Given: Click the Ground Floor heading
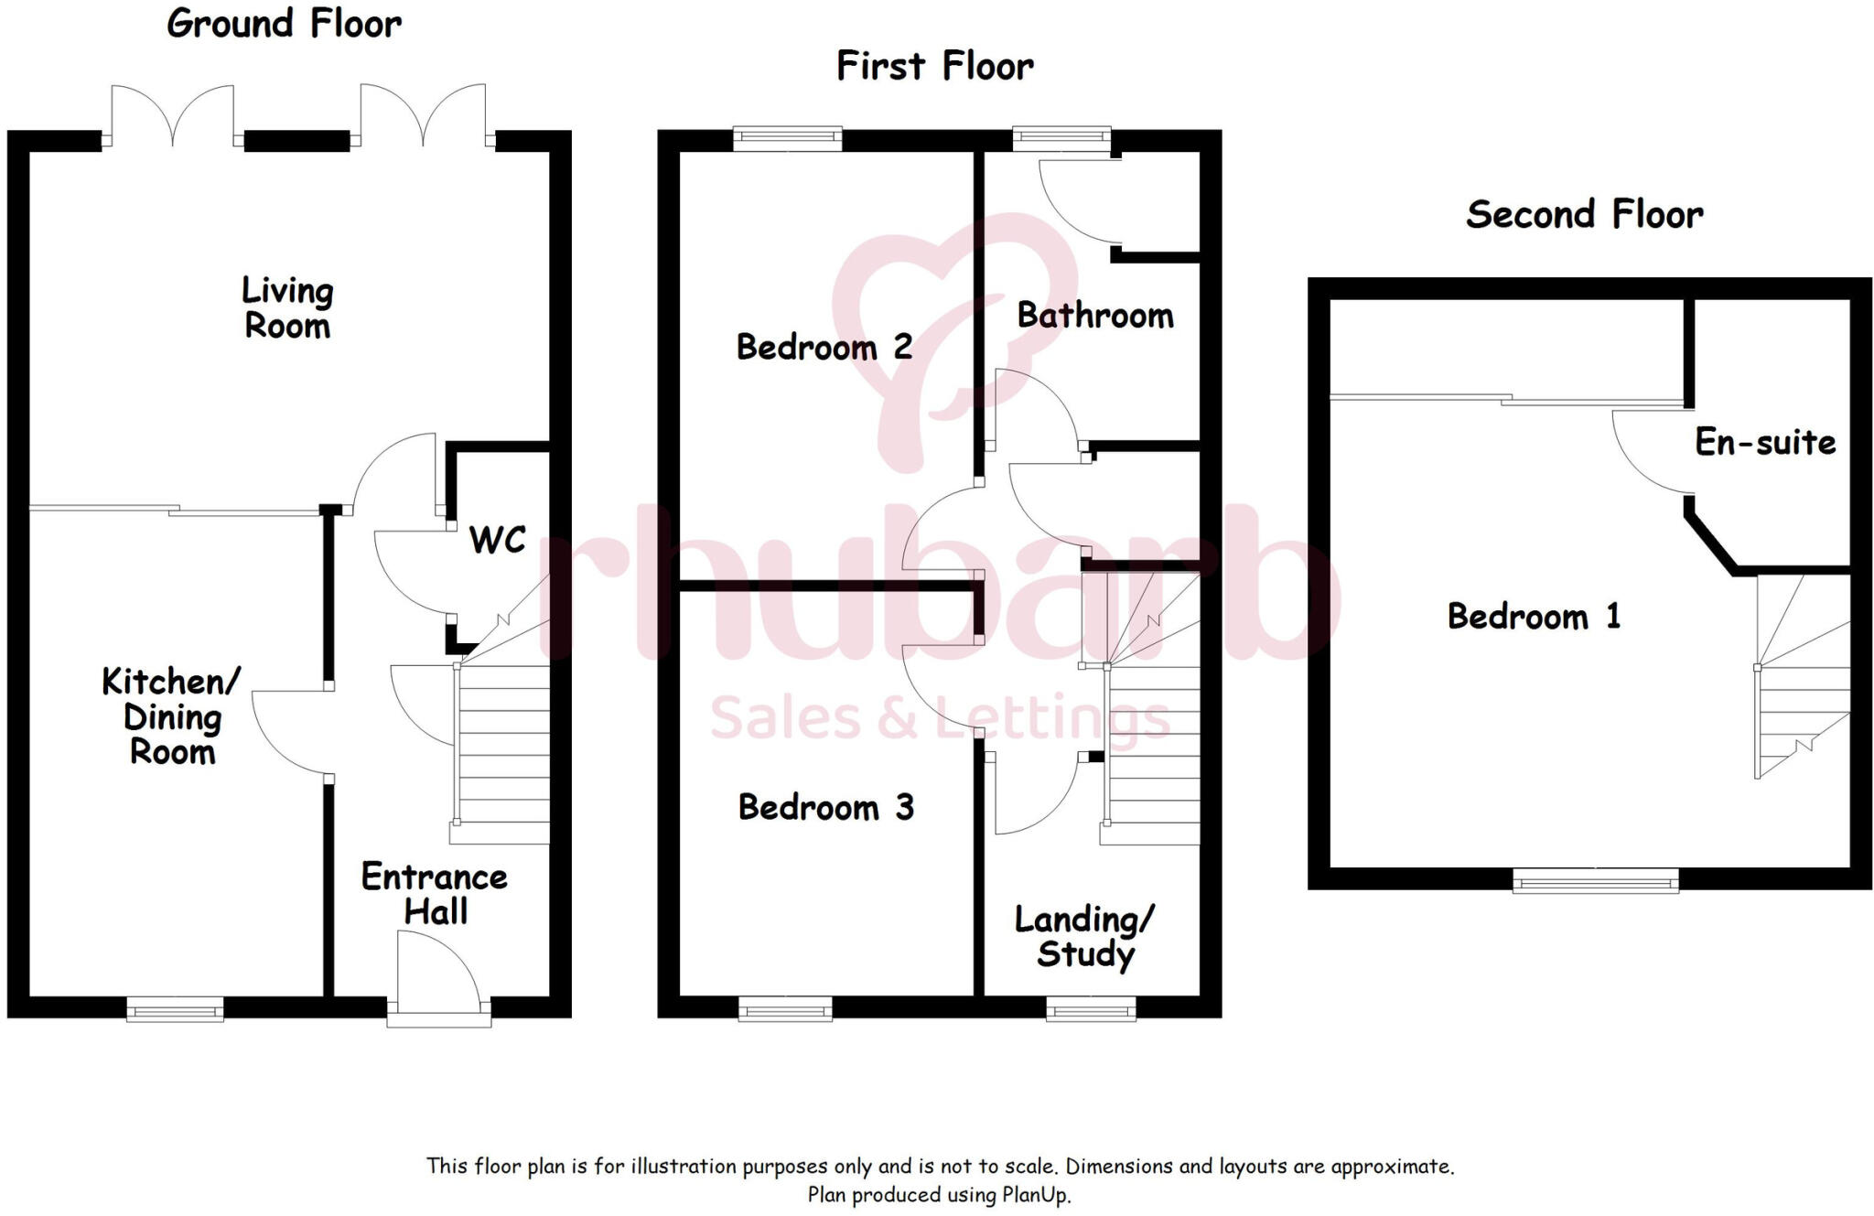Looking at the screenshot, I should click(x=284, y=24).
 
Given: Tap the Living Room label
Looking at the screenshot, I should click(x=287, y=308).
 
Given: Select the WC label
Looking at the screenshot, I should click(x=497, y=540).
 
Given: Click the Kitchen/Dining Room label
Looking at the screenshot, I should click(x=171, y=716).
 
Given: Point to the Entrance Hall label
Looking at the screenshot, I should click(x=435, y=894).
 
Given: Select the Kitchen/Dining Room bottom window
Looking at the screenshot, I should click(x=175, y=1010).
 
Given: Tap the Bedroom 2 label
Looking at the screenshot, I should click(x=824, y=348).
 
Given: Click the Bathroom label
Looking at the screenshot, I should click(x=1095, y=316).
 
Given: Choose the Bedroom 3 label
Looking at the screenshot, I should click(x=825, y=808).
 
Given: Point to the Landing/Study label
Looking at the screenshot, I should click(x=1085, y=937).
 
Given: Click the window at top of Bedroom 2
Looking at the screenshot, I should click(x=787, y=139).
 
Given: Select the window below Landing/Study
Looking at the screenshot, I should click(x=1091, y=1010).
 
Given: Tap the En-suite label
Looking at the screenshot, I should click(x=1765, y=443).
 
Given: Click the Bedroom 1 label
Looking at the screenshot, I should click(x=1534, y=617).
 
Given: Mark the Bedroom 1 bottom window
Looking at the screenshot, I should click(x=1595, y=881).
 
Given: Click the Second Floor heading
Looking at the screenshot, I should click(x=1584, y=215).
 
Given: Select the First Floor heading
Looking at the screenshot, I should click(x=935, y=67).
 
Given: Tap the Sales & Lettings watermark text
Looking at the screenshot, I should click(x=940, y=718).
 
